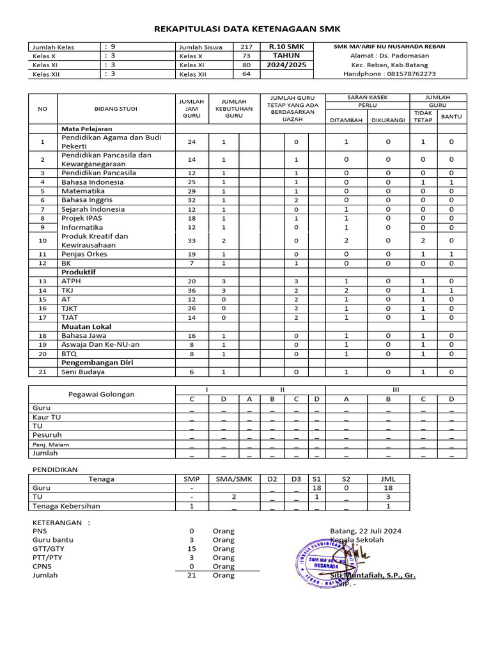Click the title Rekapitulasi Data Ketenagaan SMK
tap(248, 29)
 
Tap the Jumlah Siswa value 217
tap(246, 47)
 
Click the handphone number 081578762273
tap(390, 74)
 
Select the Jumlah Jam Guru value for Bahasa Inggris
tap(192, 200)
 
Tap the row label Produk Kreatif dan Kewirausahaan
tap(95, 241)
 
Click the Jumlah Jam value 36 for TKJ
tap(192, 290)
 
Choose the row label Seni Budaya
tap(83, 372)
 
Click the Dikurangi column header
tap(387, 119)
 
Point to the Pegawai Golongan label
tap(102, 394)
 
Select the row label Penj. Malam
tap(51, 445)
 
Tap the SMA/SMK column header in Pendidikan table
tap(235, 479)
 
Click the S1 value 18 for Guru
tap(316, 487)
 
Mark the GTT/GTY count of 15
tap(192, 549)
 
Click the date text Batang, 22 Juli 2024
tap(366, 531)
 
